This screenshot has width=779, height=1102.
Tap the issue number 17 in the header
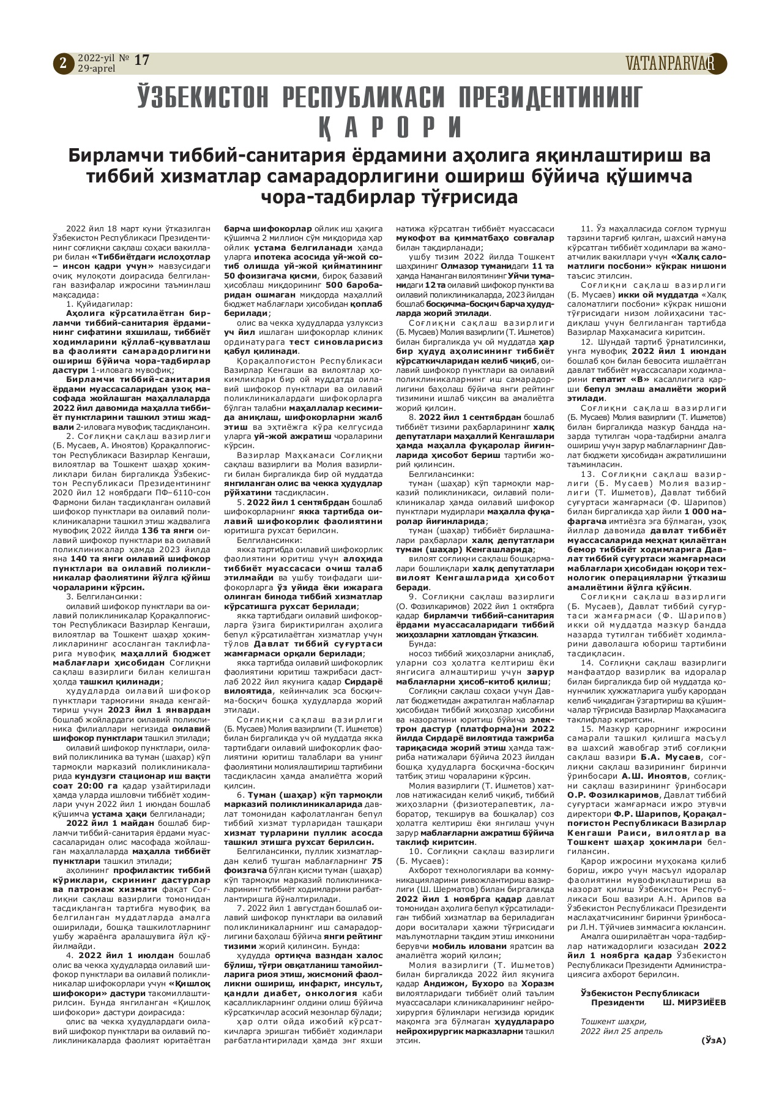(141, 60)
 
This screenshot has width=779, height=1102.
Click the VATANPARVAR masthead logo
(674, 63)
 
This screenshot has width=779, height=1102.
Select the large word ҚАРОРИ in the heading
(390, 126)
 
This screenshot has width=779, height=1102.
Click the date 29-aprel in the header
(97, 69)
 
